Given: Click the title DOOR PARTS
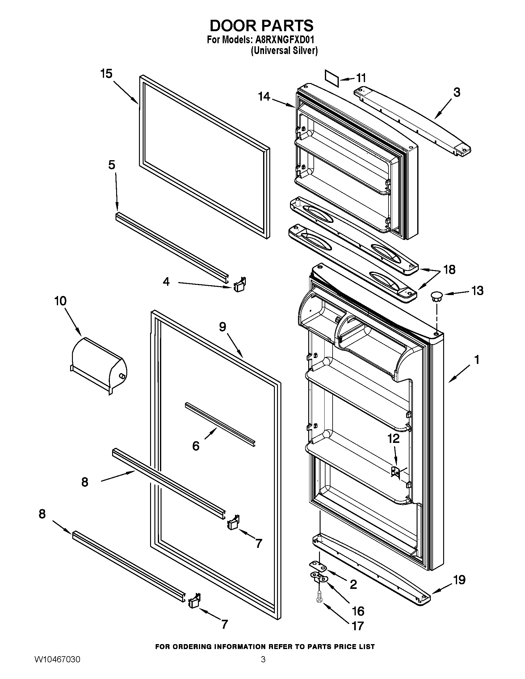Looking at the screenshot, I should [262, 26].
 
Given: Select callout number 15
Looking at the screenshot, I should [106, 74].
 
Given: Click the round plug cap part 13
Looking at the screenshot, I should [436, 296].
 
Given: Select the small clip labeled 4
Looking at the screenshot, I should [239, 284].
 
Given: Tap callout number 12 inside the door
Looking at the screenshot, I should [393, 439].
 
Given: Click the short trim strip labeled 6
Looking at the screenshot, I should [220, 425].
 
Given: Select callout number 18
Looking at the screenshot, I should [449, 269].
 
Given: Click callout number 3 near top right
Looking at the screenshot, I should [456, 92].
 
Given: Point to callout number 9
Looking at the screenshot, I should [222, 327].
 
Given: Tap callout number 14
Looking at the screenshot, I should [264, 97].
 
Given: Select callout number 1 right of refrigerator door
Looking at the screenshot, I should [477, 360].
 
